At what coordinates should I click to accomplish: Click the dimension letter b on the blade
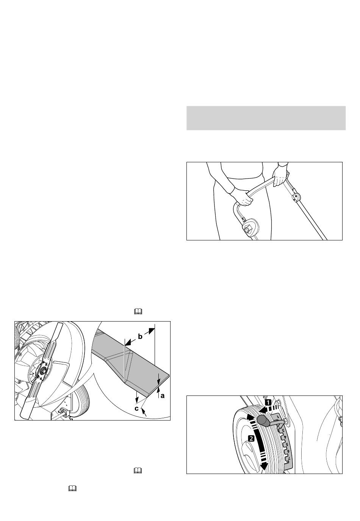140,336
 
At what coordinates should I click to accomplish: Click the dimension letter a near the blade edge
163,395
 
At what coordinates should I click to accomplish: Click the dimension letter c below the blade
137,408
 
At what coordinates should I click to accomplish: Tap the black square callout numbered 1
268,402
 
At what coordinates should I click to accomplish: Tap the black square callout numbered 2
251,438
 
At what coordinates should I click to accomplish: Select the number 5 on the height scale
287,444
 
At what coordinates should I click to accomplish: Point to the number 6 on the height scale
288,452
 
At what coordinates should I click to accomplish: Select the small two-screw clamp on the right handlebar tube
296,198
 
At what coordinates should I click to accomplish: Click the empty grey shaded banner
266,118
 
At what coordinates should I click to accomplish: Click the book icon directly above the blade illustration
138,312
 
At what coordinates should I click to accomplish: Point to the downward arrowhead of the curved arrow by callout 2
264,466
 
